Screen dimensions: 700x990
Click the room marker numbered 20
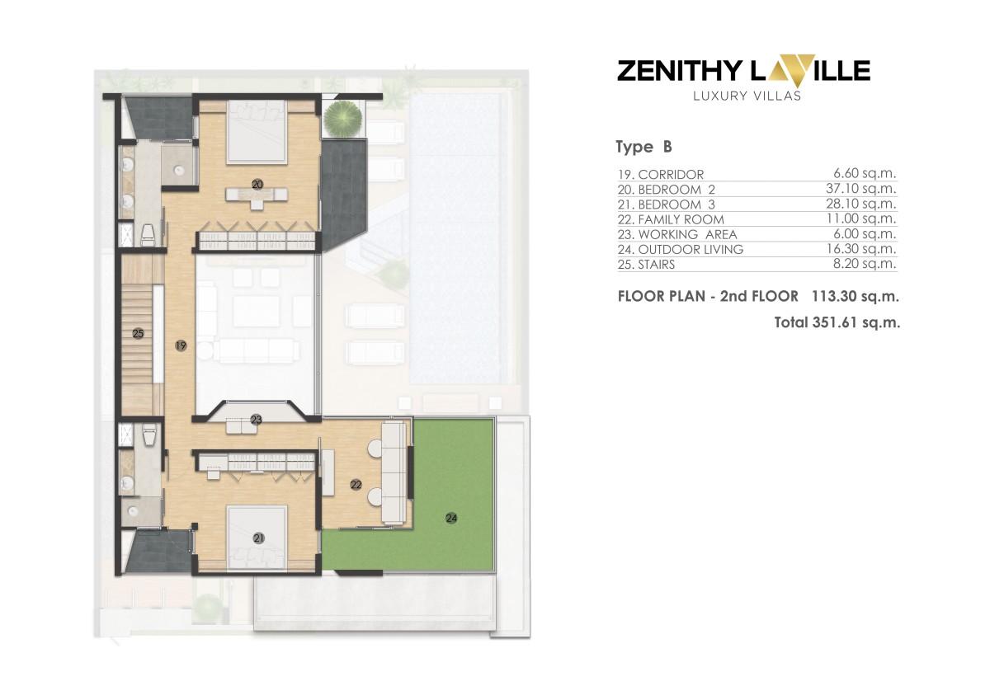[257, 186]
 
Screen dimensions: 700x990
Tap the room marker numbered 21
[258, 538]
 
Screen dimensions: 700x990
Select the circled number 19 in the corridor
[181, 346]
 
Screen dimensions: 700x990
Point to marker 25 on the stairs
[138, 334]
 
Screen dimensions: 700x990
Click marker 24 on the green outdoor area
[451, 518]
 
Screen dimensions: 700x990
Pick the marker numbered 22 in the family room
[356, 486]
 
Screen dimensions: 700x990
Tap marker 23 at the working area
[256, 420]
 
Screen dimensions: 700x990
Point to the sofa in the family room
[394, 472]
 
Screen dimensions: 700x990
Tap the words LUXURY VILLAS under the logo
[743, 95]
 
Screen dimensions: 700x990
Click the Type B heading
[643, 148]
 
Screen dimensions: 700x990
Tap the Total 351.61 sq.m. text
[837, 322]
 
